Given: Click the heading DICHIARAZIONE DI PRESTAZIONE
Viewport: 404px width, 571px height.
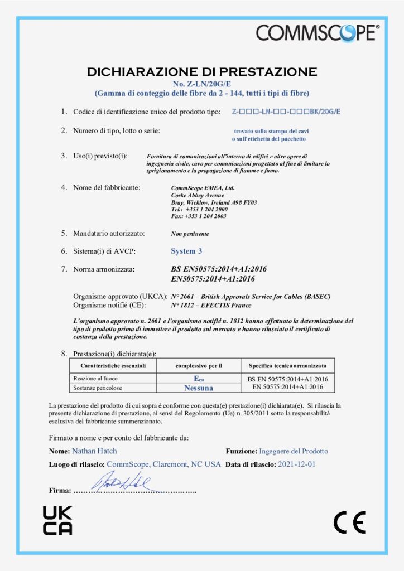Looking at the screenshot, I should [x=202, y=72].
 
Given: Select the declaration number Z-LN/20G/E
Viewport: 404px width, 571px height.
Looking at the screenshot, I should [x=201, y=83].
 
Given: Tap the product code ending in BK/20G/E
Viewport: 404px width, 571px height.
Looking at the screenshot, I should [x=286, y=112].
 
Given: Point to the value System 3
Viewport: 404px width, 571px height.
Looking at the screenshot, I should [x=186, y=251].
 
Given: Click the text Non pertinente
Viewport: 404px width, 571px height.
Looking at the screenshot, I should [x=190, y=234].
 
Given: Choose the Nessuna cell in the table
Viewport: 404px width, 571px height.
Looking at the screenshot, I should [x=199, y=387].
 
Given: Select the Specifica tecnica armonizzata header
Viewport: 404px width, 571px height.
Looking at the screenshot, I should [x=288, y=366].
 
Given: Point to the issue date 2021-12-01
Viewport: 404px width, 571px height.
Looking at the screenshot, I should [x=296, y=464].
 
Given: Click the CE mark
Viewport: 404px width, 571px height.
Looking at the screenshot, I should [x=350, y=522].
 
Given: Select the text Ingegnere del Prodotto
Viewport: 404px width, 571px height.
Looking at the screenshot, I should [x=294, y=451].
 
